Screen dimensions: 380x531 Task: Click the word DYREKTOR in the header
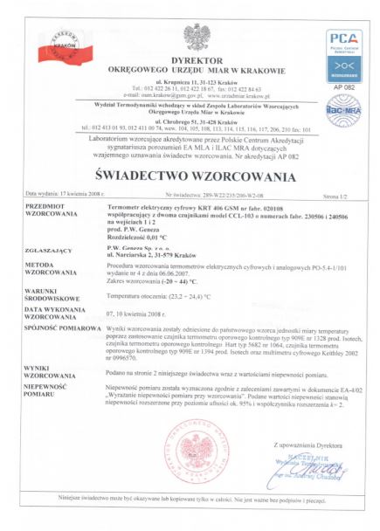click(x=190, y=59)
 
